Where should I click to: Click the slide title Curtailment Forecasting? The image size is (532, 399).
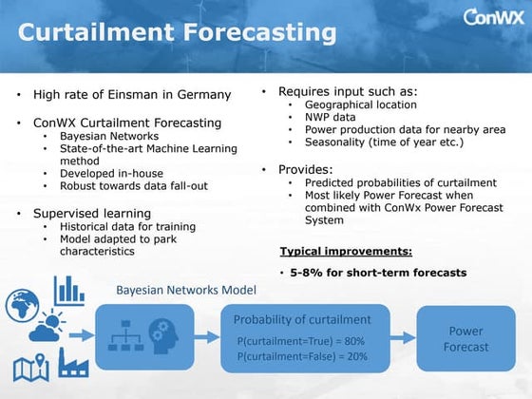pos(178,33)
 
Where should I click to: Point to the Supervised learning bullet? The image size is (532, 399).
pos(91,213)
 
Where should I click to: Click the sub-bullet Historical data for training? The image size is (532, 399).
pos(127,227)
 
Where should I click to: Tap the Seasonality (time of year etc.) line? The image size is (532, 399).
pos(384,142)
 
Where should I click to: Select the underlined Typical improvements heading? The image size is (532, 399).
pos(346,252)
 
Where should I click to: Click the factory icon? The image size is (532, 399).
pos(73,362)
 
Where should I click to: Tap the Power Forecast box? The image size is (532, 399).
pos(465,339)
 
